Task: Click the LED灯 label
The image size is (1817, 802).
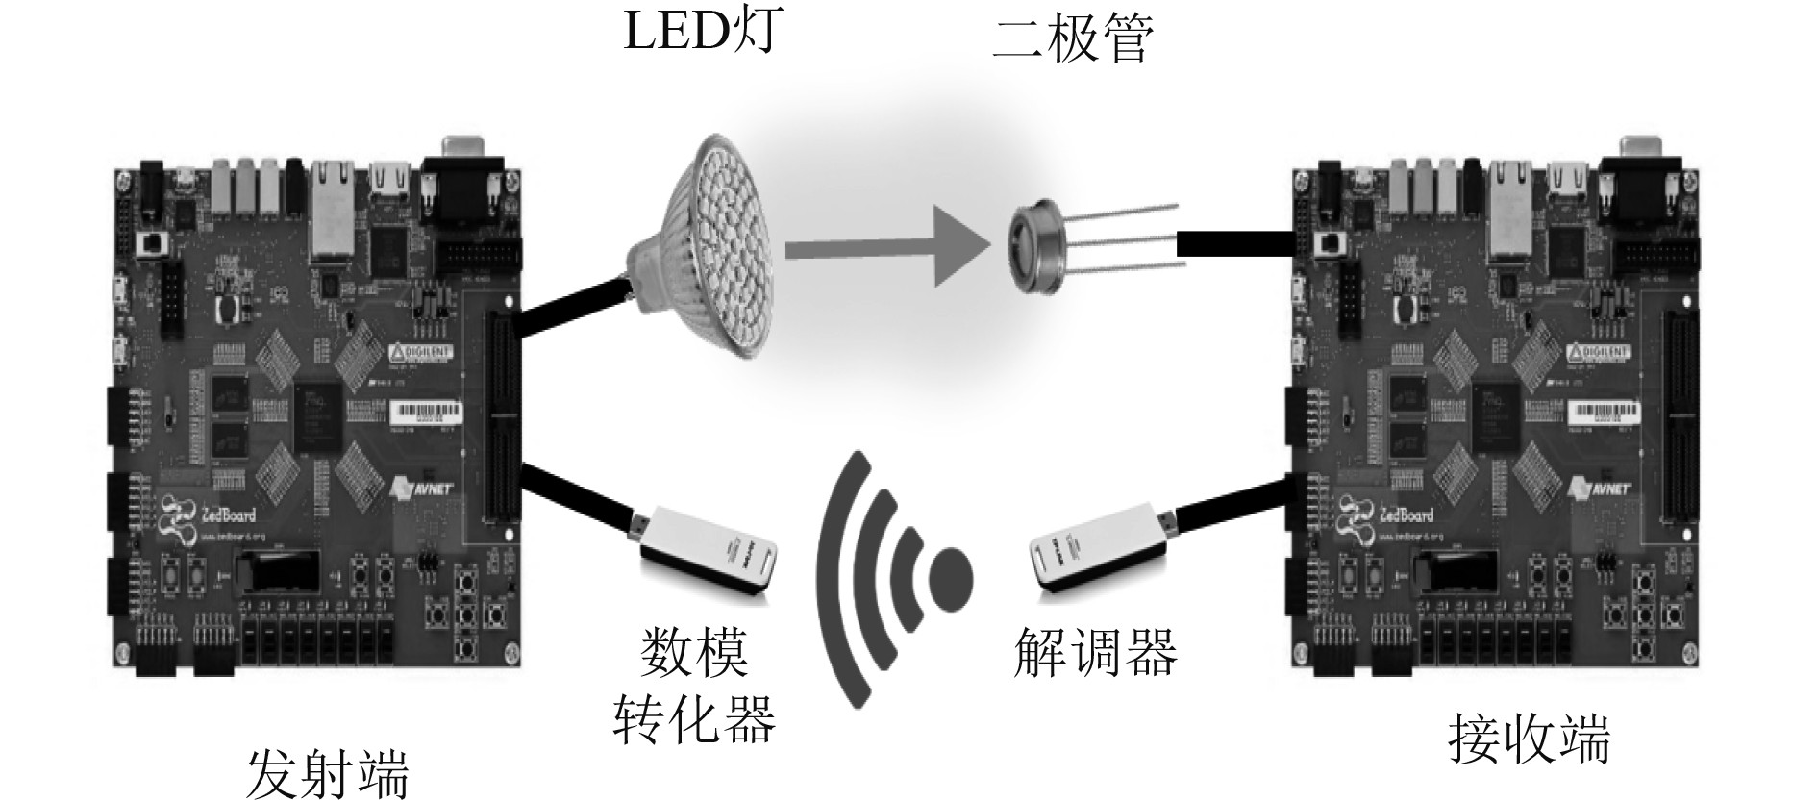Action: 696,31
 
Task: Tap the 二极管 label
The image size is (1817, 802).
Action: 1072,39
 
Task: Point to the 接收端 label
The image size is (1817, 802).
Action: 1529,740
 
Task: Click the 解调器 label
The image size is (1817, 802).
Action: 1095,653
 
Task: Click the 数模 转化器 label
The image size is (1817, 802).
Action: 694,684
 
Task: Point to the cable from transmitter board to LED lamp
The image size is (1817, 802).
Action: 571,309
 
